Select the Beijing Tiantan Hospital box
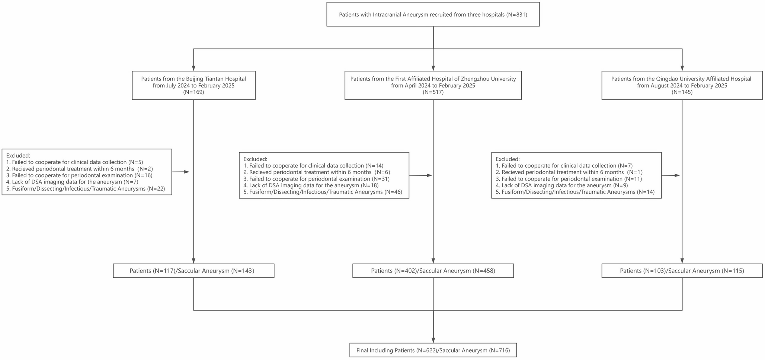coord(193,85)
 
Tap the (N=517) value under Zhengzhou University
coord(433,92)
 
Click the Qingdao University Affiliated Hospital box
coord(682,85)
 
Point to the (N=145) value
coord(682,92)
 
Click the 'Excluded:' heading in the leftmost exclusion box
coord(18,156)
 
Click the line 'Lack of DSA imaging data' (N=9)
coord(562,185)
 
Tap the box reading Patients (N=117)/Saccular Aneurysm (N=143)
coord(193,271)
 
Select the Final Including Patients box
coord(433,350)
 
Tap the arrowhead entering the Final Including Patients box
coord(433,340)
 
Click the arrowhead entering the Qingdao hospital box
coord(682,68)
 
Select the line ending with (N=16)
coord(79,175)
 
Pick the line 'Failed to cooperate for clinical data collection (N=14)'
coord(313,166)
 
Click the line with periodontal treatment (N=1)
coord(569,172)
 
